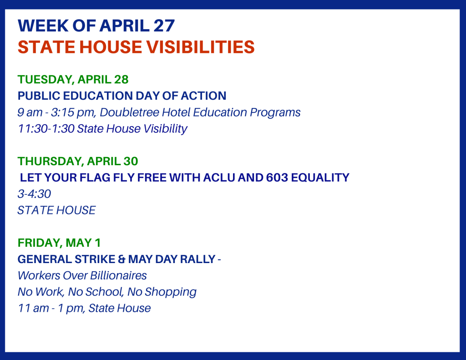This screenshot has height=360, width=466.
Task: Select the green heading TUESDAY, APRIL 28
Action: click(x=73, y=80)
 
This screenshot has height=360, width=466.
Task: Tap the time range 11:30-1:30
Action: click(x=46, y=129)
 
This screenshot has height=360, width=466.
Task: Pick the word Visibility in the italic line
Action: click(x=164, y=129)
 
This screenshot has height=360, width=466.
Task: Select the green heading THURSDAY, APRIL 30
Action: click(x=78, y=161)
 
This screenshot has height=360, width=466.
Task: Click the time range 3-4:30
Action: click(x=34, y=194)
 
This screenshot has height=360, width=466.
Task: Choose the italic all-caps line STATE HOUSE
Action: click(x=56, y=210)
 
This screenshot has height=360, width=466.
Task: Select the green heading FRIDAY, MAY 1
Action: click(x=59, y=243)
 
